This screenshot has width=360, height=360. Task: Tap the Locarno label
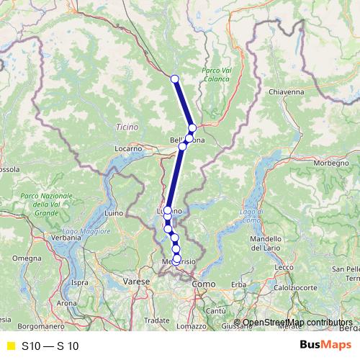129,148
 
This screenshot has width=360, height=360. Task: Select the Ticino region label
126,127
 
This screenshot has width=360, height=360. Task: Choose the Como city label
203,284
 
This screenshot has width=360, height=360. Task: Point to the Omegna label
27,258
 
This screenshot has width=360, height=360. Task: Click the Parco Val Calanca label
220,75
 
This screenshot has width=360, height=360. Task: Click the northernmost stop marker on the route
174,79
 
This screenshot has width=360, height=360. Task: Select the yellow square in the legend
10,346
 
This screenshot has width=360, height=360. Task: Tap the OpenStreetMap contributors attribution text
297,323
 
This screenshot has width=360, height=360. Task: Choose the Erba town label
239,285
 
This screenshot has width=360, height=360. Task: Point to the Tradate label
156,320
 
